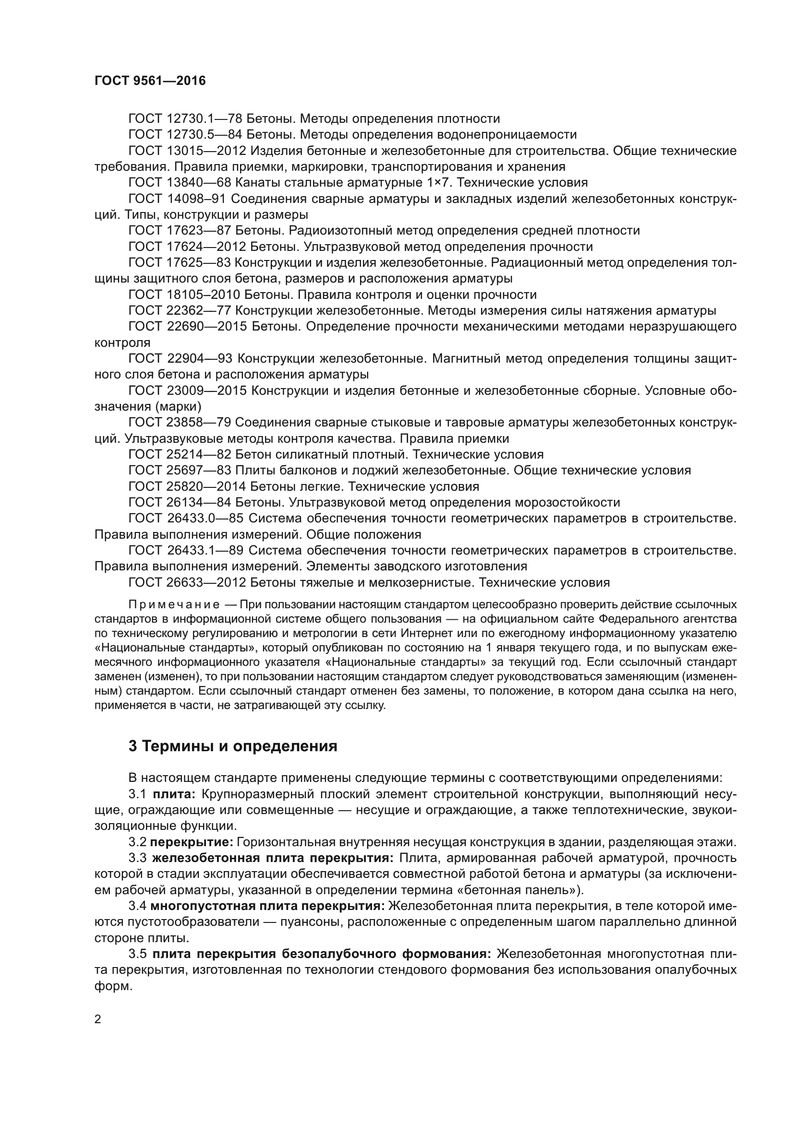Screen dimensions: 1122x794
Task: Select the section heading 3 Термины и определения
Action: pos(233,747)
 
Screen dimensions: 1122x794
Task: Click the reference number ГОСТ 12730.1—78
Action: pos(186,119)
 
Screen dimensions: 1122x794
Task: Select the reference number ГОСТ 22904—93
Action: pos(180,359)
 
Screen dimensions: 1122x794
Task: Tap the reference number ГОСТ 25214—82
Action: pos(180,454)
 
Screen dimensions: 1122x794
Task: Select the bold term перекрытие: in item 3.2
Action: pos(192,842)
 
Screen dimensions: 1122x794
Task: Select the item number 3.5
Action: pos(138,954)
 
